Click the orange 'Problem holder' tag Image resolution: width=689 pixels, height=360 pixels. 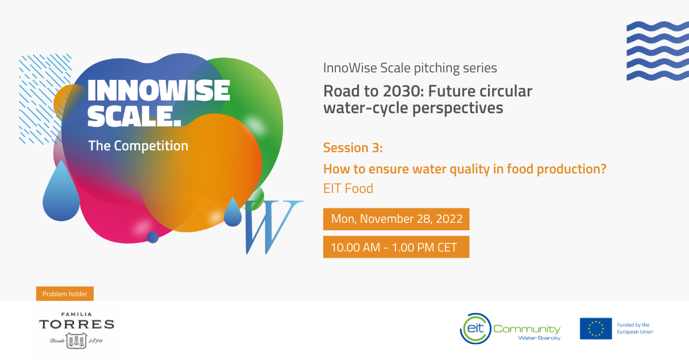click(x=65, y=294)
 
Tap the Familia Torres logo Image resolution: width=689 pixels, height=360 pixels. click(x=76, y=331)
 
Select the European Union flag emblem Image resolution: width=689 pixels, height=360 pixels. click(x=596, y=328)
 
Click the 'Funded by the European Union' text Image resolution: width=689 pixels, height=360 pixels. click(x=635, y=328)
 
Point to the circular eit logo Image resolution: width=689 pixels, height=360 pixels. click(x=475, y=328)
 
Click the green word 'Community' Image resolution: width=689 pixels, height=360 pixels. click(x=527, y=329)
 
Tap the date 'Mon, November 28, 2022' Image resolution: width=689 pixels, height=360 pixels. click(x=397, y=219)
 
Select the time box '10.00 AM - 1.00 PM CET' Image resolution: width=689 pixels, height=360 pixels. click(x=396, y=247)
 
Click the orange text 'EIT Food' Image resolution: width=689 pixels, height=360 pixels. click(x=348, y=188)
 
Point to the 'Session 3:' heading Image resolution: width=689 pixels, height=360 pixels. click(x=353, y=148)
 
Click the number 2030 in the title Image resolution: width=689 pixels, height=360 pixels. click(x=402, y=91)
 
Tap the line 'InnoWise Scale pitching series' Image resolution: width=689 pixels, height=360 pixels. click(x=410, y=68)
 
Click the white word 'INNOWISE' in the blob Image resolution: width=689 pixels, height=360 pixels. click(x=158, y=91)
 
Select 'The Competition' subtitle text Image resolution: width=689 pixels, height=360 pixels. click(x=138, y=146)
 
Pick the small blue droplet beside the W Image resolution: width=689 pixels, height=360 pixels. click(x=233, y=212)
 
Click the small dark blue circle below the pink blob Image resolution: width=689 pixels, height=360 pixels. click(x=153, y=237)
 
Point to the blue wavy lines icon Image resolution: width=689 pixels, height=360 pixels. click(x=657, y=51)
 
